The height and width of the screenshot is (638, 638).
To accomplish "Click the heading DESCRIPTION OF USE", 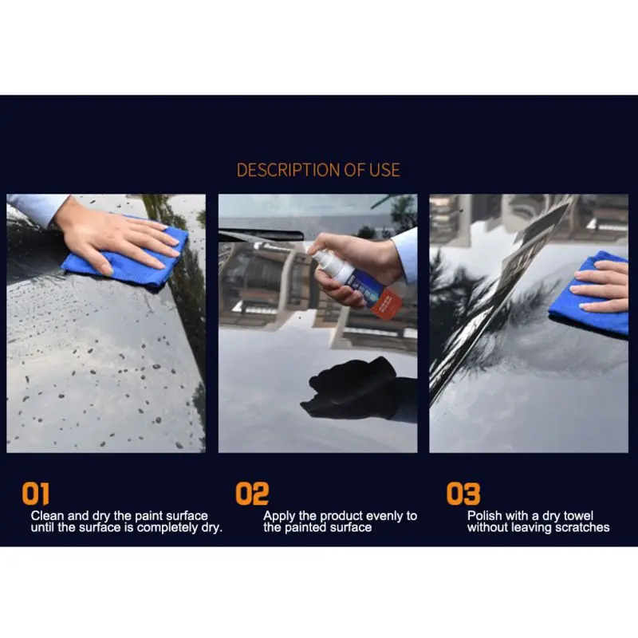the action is (318, 170).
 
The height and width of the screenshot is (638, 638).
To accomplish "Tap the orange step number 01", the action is (36, 494).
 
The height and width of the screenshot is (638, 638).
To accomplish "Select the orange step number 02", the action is (252, 494).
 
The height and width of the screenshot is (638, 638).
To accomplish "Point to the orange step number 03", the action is (463, 494).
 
